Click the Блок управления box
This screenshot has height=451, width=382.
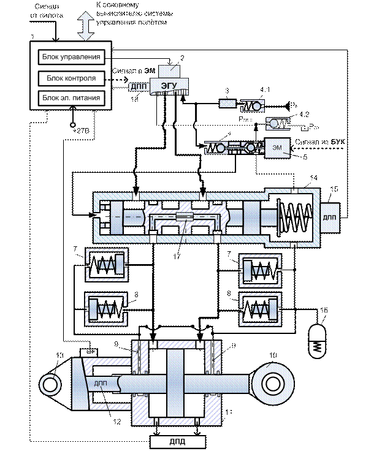click(x=72, y=58)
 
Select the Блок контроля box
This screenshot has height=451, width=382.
click(x=71, y=78)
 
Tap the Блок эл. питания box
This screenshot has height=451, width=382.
click(x=71, y=97)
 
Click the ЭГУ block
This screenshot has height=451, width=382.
click(x=172, y=85)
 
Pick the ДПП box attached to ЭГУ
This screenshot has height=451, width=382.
click(x=137, y=87)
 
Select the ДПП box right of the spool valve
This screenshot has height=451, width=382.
click(x=329, y=218)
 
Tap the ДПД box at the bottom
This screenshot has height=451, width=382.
click(x=177, y=441)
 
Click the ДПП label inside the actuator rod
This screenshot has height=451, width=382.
click(x=102, y=384)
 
